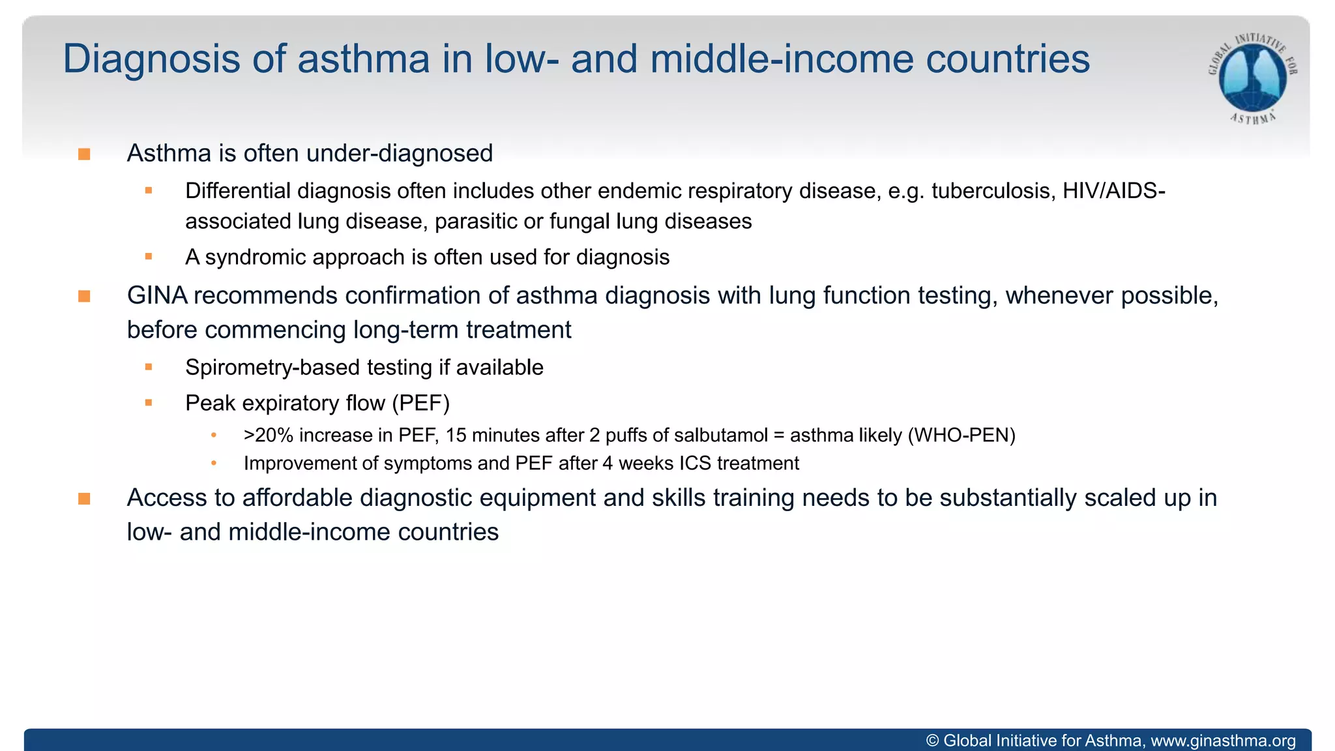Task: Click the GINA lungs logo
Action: [x=1252, y=78]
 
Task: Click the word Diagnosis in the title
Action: [x=151, y=59]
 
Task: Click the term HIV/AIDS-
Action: [x=1113, y=191]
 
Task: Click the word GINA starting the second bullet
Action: [x=156, y=296]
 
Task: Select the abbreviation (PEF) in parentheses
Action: [x=420, y=404]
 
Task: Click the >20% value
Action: [x=269, y=435]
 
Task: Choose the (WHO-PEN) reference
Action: [x=961, y=435]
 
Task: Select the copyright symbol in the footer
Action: [x=932, y=741]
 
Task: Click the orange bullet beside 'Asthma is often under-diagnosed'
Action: [x=84, y=155]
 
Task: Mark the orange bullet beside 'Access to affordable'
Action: [x=84, y=499]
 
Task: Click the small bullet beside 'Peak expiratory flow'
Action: [x=149, y=404]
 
